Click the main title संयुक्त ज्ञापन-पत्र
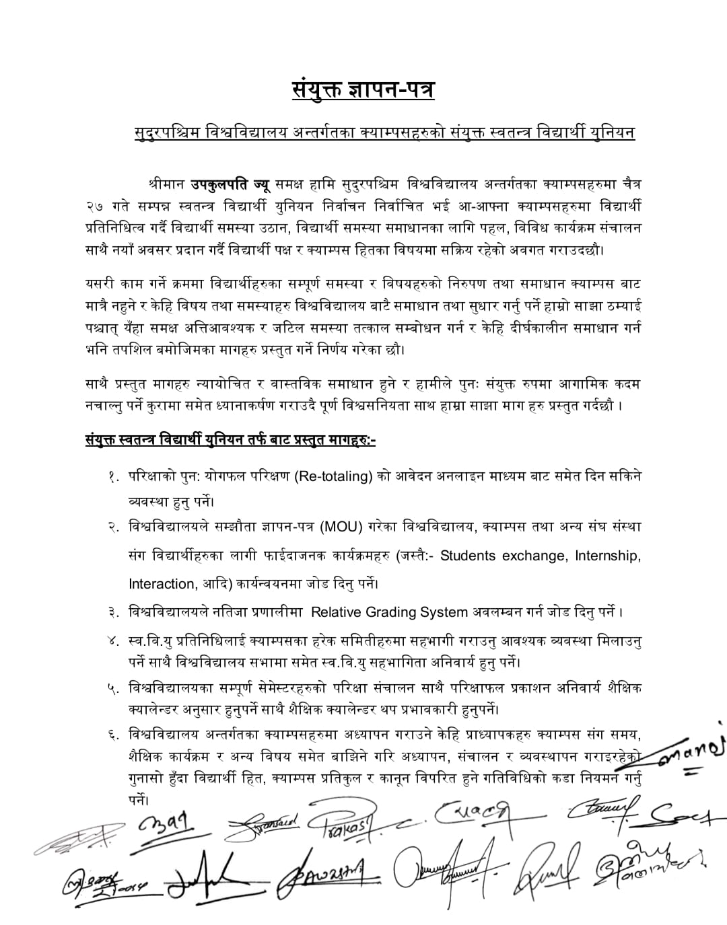coord(363,88)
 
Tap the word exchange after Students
coord(532,556)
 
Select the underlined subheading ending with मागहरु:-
coord(231,441)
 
